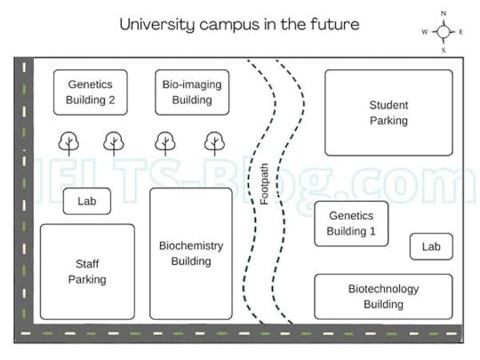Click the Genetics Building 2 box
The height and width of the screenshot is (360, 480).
[90, 92]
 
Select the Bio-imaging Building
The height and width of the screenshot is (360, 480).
[192, 92]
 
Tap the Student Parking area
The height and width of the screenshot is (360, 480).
[388, 113]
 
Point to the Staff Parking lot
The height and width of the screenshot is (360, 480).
[87, 271]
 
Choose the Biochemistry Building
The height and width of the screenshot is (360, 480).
[190, 253]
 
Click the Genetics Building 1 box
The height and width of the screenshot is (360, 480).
[351, 223]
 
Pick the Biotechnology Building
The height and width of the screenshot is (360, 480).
[383, 296]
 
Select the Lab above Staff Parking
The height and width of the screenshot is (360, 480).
[86, 202]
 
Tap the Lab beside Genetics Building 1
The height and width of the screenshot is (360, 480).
[431, 246]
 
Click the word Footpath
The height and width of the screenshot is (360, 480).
[265, 184]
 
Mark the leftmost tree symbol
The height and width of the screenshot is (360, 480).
[68, 141]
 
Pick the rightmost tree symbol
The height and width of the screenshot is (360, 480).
[213, 141]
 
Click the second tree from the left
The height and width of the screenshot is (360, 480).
[114, 141]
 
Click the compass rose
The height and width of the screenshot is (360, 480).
[443, 31]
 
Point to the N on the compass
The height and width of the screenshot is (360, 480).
[443, 13]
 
